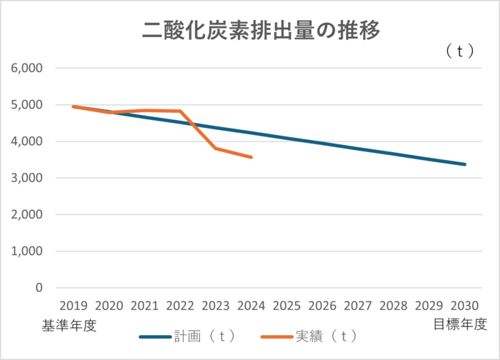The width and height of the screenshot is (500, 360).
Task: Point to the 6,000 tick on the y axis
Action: point(27,69)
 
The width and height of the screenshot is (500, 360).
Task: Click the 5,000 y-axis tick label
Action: point(27,105)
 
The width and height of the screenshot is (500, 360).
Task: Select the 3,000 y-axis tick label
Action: point(27,178)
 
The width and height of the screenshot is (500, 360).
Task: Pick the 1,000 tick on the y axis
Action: point(27,251)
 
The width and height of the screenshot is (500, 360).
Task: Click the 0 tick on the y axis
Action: point(39,288)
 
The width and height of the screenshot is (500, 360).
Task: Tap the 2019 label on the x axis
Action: point(74,306)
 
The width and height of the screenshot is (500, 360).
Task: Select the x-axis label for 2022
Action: point(180,306)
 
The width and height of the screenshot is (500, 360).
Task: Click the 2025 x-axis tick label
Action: point(286,306)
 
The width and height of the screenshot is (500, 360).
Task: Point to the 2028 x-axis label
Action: point(394,306)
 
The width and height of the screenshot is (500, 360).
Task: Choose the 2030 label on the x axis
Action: point(464,306)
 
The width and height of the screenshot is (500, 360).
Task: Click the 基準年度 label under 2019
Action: point(68,325)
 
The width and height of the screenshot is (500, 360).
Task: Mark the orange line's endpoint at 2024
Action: point(251,157)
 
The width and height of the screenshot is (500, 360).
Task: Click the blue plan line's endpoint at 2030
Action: point(465,164)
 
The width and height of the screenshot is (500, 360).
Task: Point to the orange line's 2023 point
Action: point(216,148)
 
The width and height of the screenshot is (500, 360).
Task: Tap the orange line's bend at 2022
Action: point(180,111)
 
